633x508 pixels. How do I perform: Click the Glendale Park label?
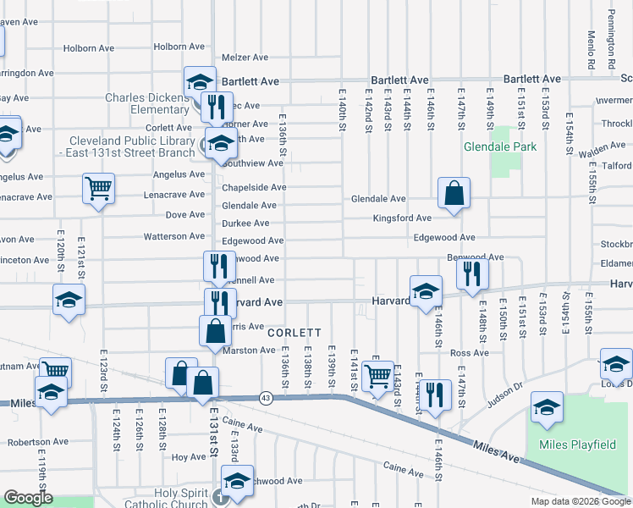(500, 146)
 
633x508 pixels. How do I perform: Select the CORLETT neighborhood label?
(294, 333)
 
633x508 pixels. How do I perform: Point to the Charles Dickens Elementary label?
(147, 103)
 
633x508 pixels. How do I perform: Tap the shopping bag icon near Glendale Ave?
(454, 193)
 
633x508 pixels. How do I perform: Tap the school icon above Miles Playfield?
(547, 408)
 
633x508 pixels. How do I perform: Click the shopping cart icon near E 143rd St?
(377, 374)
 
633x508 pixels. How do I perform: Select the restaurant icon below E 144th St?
(435, 395)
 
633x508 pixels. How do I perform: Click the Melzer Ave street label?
(245, 58)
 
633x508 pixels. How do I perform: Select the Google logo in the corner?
(28, 498)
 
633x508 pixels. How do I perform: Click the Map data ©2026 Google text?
(580, 501)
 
